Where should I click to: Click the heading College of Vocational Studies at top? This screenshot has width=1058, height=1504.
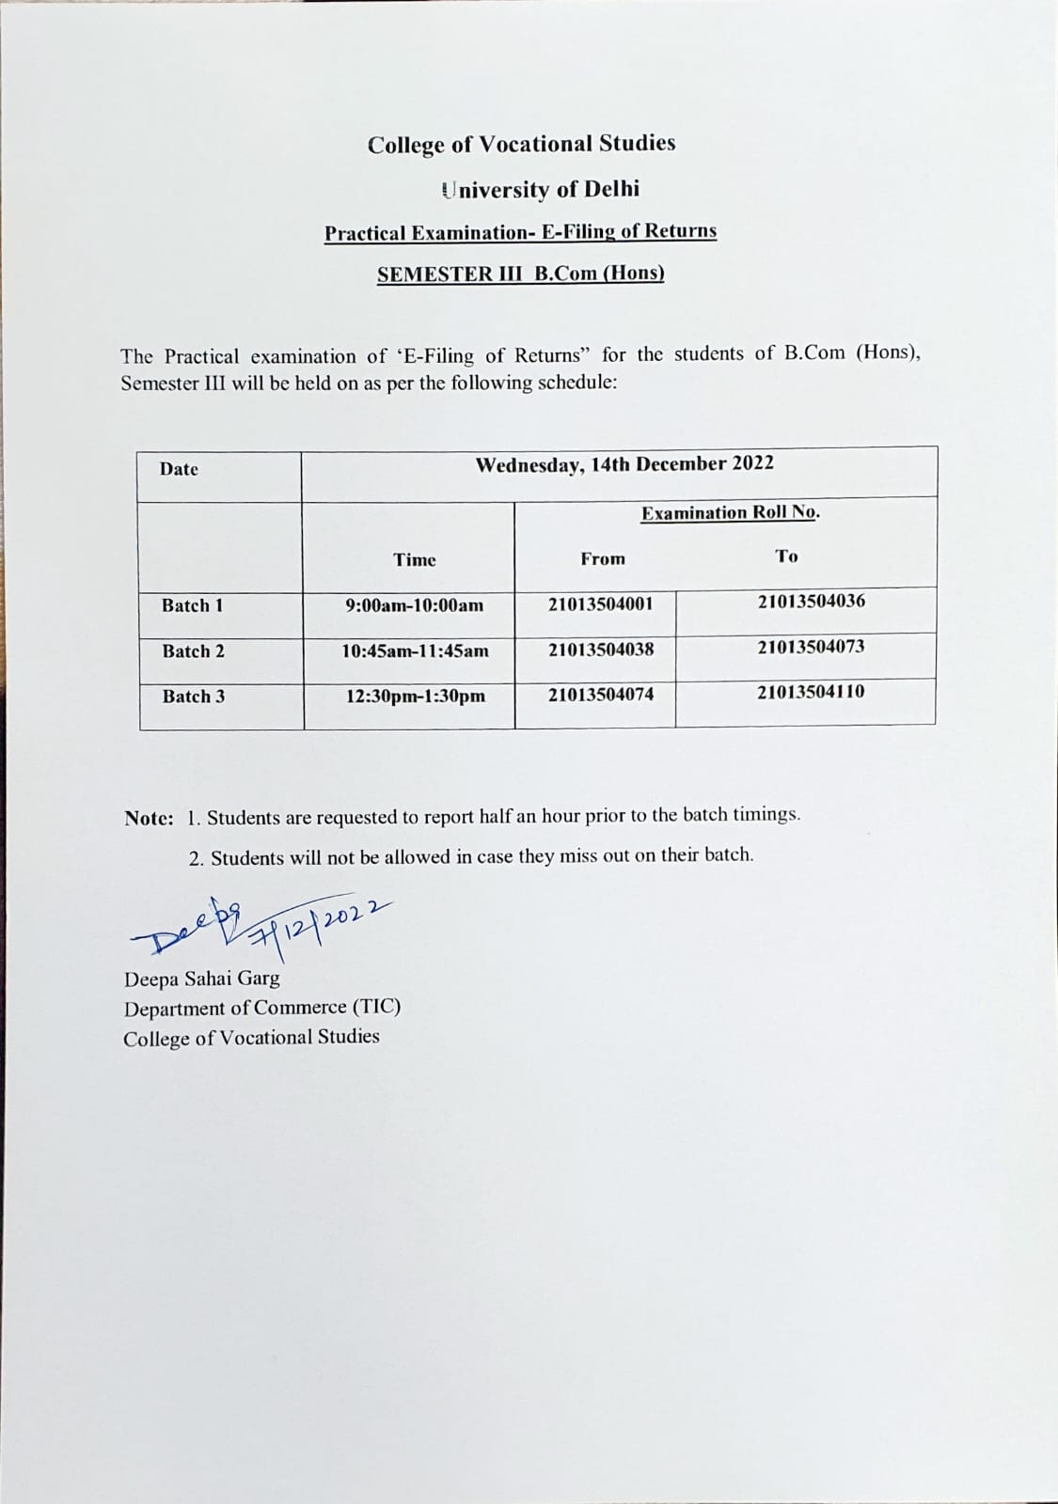click(x=521, y=144)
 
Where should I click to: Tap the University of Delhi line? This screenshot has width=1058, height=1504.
click(x=540, y=189)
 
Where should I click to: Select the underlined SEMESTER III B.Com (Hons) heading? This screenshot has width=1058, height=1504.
click(x=520, y=274)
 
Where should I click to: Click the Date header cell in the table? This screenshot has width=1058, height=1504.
click(x=179, y=469)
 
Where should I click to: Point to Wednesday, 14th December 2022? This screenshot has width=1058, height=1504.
click(x=624, y=464)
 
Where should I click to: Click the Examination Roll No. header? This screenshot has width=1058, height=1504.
click(x=730, y=513)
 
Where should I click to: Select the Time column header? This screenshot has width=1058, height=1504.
click(x=415, y=560)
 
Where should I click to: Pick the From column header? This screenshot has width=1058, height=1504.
click(x=603, y=559)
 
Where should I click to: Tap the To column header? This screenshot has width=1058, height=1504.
click(x=787, y=556)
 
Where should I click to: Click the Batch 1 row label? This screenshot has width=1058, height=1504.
click(x=193, y=605)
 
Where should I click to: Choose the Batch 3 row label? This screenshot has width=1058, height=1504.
click(x=194, y=697)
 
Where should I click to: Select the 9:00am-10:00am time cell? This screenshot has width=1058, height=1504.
click(x=415, y=605)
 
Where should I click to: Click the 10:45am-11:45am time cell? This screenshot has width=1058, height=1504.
click(x=415, y=650)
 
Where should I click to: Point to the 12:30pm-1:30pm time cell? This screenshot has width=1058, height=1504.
click(x=416, y=697)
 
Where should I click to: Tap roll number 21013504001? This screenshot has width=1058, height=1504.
click(x=600, y=603)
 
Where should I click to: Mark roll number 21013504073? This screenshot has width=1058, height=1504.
click(x=811, y=647)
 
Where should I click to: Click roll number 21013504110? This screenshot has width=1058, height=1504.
click(x=811, y=692)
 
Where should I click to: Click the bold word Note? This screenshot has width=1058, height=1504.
click(x=149, y=818)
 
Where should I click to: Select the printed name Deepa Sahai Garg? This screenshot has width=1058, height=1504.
click(x=201, y=979)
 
